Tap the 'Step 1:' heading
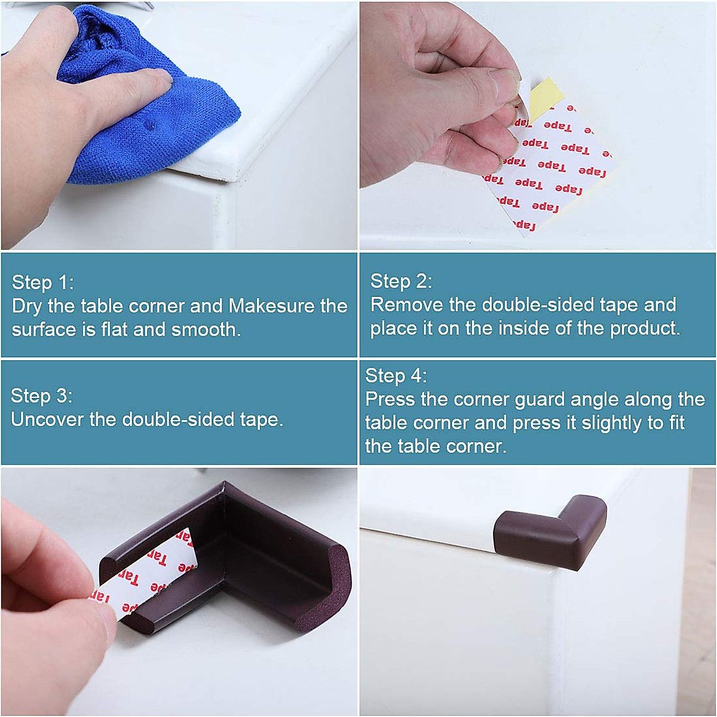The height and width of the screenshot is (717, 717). tap(42, 282)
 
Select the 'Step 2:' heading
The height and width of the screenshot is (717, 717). tap(401, 281)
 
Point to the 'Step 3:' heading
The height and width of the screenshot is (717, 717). tap(41, 396)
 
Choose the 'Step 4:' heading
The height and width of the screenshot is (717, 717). tap(396, 376)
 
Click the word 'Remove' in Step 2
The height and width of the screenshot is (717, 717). tap(406, 305)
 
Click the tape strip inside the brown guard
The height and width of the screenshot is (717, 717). tap(158, 568)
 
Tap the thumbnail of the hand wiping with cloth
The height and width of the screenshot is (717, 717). tap(179, 125)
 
